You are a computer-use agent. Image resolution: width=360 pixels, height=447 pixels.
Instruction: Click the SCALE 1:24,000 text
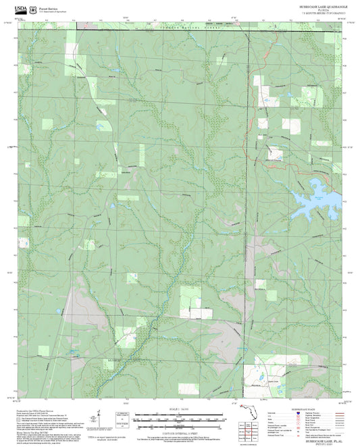coord(180,408)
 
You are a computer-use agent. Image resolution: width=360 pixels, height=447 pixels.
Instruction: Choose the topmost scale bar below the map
coord(180,413)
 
